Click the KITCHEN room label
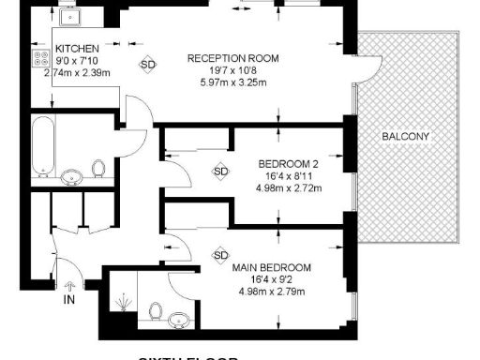[78, 49]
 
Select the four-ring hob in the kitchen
[41, 58]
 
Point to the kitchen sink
[68, 17]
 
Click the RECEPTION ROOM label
[230, 58]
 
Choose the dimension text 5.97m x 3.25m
[230, 82]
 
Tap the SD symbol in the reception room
[148, 65]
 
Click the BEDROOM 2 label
[290, 164]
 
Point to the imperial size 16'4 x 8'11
[290, 175]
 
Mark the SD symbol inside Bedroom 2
[221, 172]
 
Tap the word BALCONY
[406, 137]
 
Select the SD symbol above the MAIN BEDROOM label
[221, 255]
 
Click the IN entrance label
[69, 300]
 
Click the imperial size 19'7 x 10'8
[230, 70]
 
